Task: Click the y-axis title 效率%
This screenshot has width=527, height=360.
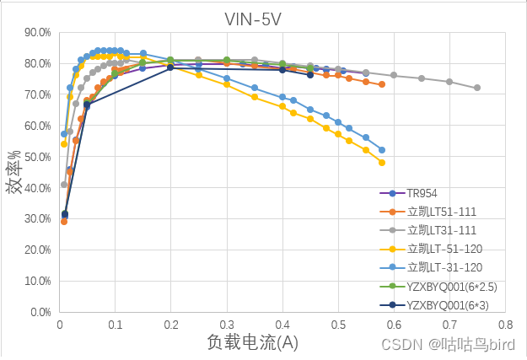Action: [x=14, y=173]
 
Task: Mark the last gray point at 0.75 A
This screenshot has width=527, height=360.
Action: [x=477, y=88]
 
